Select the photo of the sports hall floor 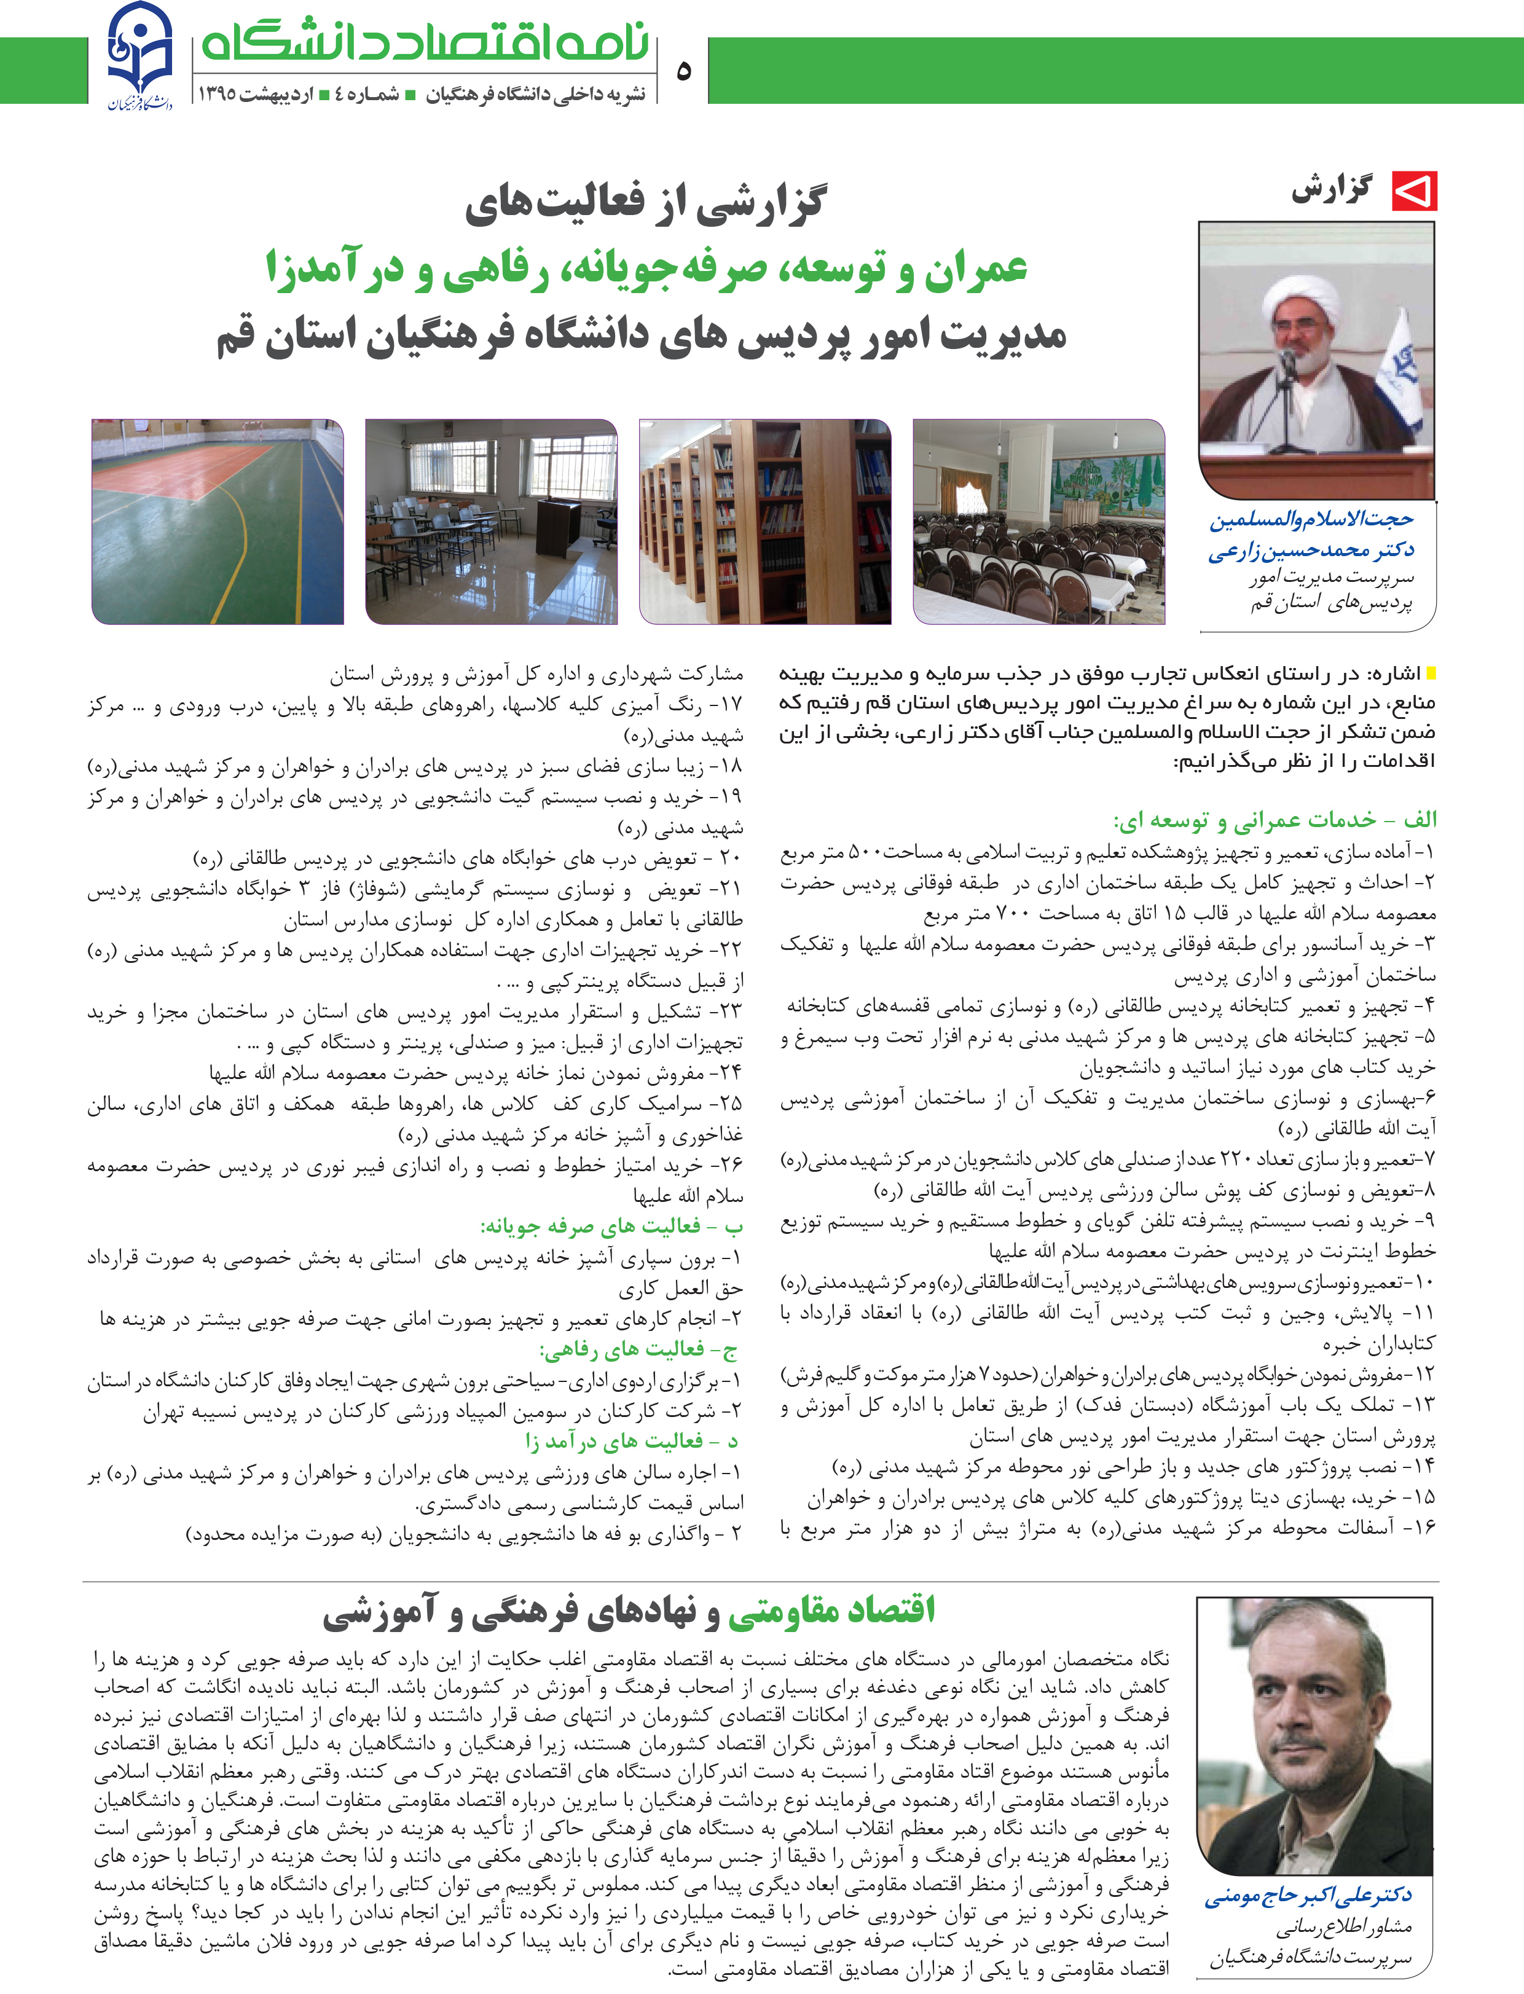218,522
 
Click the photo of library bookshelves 764,522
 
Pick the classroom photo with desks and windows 491,522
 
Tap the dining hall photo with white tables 1039,522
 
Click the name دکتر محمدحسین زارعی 1310,550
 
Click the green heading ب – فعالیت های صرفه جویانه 611,1227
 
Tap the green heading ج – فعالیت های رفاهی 638,1349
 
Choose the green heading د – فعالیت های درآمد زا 631,1440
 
